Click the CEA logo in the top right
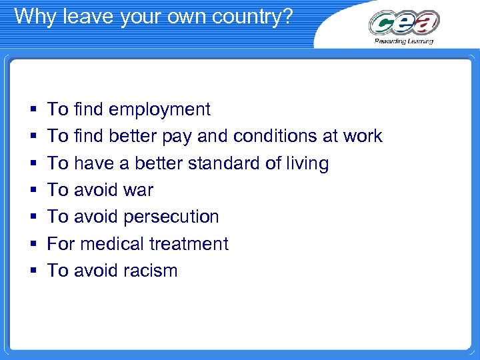click(404, 23)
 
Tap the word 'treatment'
click(189, 244)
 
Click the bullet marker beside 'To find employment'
click(33, 110)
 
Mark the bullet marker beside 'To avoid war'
click(33, 191)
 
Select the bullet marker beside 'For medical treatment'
click(33, 245)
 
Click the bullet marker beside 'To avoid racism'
click(33, 271)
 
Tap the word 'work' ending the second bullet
click(363, 136)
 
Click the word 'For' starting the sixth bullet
click(61, 244)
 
